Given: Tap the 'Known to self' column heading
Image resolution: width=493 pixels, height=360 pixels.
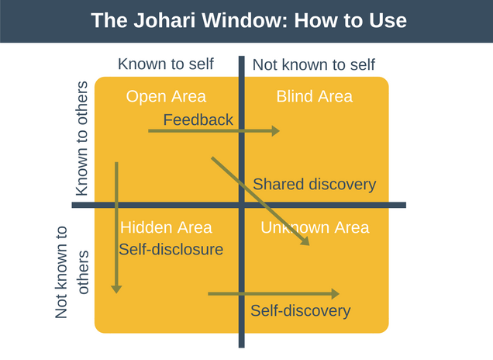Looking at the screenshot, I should pyautogui.click(x=165, y=64).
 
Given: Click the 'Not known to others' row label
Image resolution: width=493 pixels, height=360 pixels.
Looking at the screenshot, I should pyautogui.click(x=73, y=272).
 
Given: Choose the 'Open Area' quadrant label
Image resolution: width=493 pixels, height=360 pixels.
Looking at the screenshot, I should pyautogui.click(x=166, y=96).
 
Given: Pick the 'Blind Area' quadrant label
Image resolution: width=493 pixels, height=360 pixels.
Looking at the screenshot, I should pyautogui.click(x=314, y=96).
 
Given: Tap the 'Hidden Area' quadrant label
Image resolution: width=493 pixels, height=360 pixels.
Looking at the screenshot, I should pyautogui.click(x=166, y=227).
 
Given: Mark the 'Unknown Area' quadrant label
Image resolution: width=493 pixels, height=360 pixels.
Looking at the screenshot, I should pyautogui.click(x=315, y=227).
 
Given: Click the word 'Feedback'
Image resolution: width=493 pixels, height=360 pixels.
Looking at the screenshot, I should pyautogui.click(x=198, y=119).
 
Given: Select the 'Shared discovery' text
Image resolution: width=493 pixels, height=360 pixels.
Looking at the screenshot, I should pyautogui.click(x=314, y=185).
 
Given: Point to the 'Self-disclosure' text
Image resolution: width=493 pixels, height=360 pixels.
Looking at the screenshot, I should pyautogui.click(x=171, y=249).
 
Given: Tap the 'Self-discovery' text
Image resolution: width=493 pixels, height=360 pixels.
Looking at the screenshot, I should pyautogui.click(x=300, y=310).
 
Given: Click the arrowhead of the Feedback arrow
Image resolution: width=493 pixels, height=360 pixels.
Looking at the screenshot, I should pyautogui.click(x=275, y=131).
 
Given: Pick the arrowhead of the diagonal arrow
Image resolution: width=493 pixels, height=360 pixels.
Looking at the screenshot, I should pyautogui.click(x=305, y=241).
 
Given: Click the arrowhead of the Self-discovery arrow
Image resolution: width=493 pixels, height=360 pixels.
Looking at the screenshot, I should pyautogui.click(x=335, y=294).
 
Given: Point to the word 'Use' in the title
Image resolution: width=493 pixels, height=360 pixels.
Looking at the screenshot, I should pyautogui.click(x=388, y=20).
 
